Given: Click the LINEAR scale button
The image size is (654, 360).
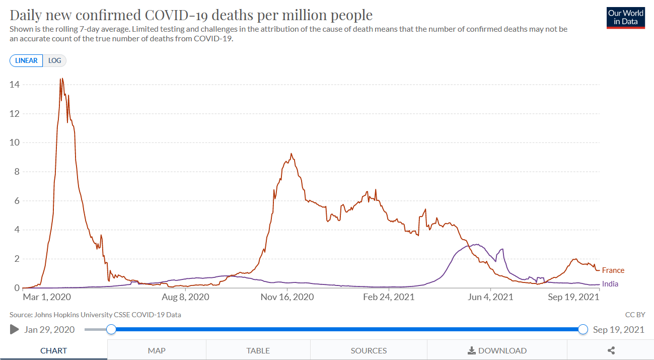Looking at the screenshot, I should click(26, 60).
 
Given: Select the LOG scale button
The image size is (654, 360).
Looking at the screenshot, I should click(54, 60).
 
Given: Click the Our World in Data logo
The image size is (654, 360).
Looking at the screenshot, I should click(626, 18).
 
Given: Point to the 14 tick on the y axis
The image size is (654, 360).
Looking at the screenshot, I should click(15, 85).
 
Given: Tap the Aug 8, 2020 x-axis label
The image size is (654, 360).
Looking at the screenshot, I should click(186, 297).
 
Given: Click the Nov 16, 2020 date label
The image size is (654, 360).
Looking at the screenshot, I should click(287, 297).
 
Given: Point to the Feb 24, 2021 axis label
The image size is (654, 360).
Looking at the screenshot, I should click(389, 297).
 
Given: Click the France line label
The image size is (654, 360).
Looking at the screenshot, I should click(613, 270).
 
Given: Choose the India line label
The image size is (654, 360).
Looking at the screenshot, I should click(610, 284).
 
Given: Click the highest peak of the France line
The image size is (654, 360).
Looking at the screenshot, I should click(61, 79).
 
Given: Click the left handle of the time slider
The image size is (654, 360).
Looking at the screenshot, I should click(111, 329).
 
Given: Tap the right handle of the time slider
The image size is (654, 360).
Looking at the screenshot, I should click(583, 329).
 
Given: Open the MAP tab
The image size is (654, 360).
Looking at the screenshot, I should click(157, 350).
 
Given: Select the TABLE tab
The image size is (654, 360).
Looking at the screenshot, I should click(258, 350).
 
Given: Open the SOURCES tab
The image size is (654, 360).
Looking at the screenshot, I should click(369, 350).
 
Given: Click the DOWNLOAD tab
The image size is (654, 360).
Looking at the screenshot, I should click(497, 350).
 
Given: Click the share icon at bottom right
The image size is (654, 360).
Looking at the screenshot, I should click(611, 350).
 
